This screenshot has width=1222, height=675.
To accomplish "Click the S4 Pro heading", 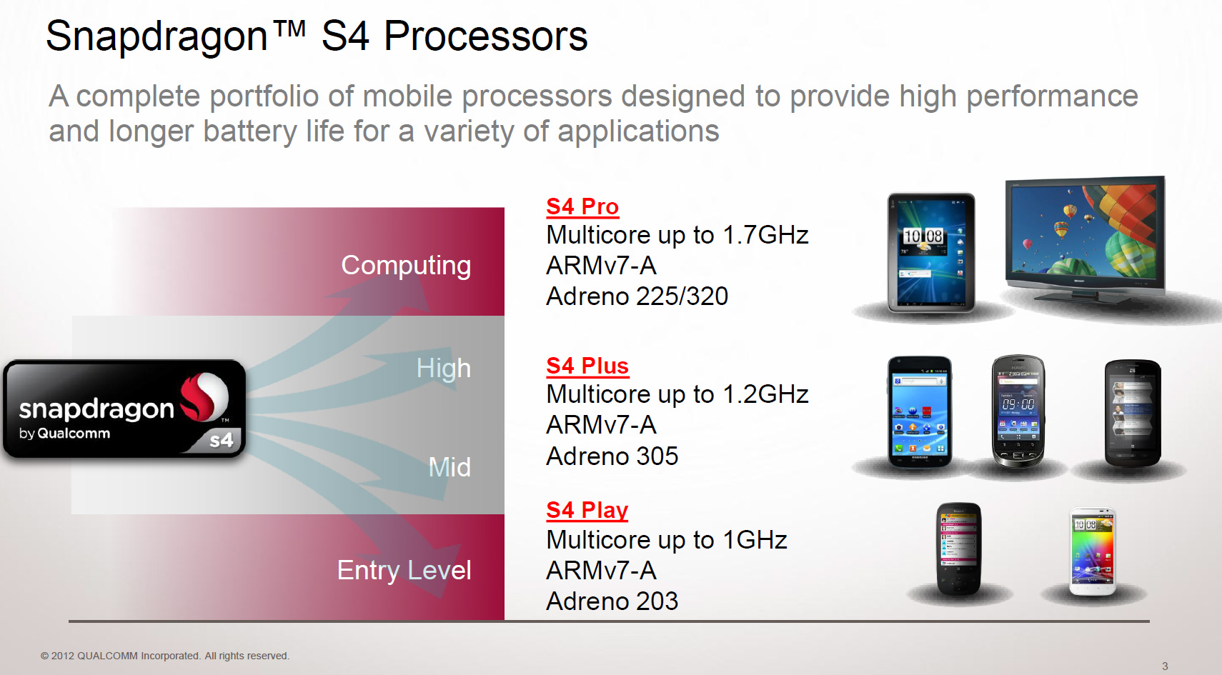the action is coord(582,206).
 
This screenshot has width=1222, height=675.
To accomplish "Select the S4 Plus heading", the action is coord(587,366).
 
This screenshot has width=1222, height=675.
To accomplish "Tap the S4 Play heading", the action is coord(587,510).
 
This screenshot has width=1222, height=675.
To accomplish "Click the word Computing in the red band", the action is coord(406,266).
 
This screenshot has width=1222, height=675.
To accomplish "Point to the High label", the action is coord(444,368).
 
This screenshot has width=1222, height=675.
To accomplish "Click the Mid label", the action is coord(449,467).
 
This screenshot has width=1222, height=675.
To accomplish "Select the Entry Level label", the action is coord(404,570).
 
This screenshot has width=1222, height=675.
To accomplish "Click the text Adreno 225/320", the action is coord(637,296).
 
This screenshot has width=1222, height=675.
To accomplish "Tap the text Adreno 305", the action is coord(612,456).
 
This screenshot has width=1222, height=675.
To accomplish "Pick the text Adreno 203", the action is coord(612,601).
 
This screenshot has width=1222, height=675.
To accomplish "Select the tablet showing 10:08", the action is coord(931,253).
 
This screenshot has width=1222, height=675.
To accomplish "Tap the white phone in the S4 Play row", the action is coord(1093,551).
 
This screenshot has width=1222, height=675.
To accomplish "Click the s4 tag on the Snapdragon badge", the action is coord(222,440).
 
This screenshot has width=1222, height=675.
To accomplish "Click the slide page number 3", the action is coord(1165,666).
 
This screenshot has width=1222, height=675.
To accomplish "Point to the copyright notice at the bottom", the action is coord(165,656).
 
